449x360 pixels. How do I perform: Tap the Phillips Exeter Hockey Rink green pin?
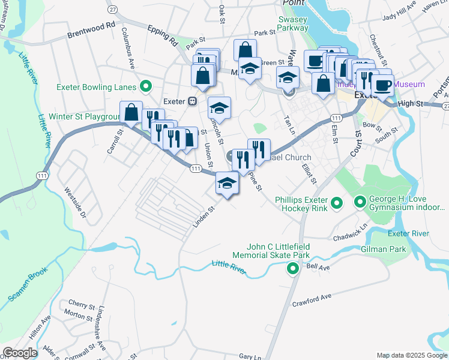tap(336, 203)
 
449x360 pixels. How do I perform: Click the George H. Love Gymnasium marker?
tap(360, 203)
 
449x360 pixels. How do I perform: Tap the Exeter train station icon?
tap(193, 101)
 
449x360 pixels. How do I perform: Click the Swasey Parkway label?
tap(293, 23)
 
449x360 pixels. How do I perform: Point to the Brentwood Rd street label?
tap(91, 26)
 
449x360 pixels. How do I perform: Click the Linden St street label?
tap(203, 218)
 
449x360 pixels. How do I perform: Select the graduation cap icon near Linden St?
tap(227, 182)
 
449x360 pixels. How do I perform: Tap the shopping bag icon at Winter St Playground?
tap(131, 112)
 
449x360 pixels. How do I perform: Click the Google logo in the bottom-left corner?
tap(20, 353)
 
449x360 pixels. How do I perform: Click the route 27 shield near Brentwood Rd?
tap(112, 10)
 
